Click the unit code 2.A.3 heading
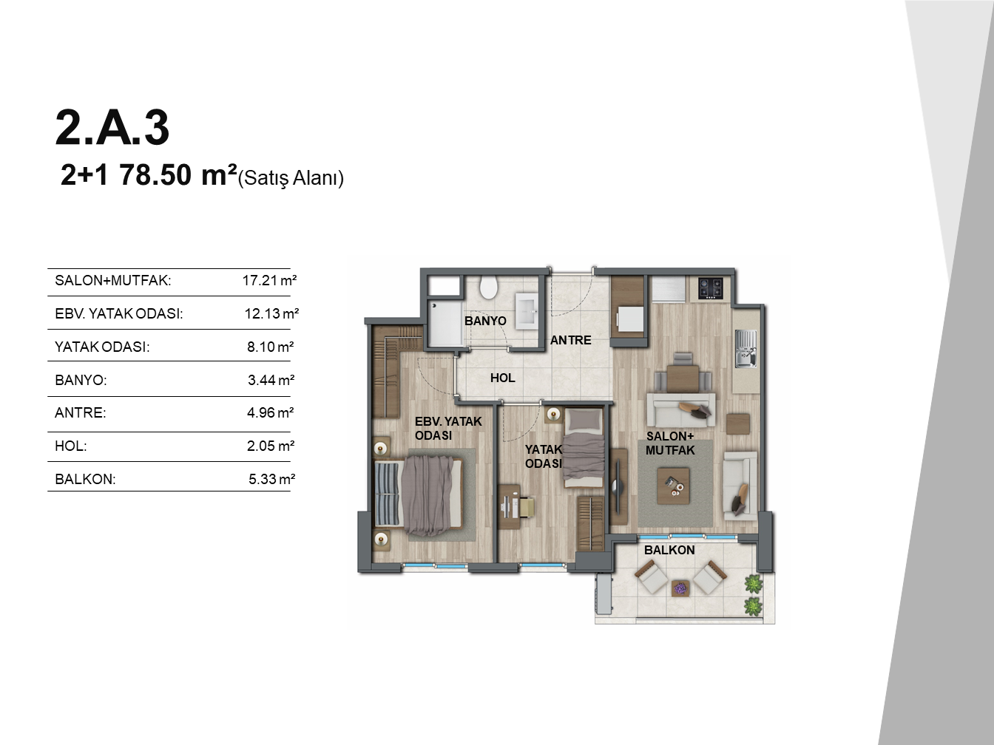[112, 128]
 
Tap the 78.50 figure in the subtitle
[155, 175]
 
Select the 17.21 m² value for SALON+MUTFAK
[269, 280]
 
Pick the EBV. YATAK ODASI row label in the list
[118, 313]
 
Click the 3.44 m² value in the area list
[271, 380]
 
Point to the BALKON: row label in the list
[85, 479]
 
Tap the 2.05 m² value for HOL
[271, 446]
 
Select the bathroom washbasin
[527, 310]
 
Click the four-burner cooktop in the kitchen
[711, 289]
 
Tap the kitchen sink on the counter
[745, 348]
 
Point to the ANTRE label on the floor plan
[570, 340]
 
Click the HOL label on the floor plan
[503, 378]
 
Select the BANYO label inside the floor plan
[485, 321]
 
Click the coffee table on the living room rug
[673, 486]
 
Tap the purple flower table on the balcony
[680, 588]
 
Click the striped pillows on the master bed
[388, 494]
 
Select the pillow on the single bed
[584, 421]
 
